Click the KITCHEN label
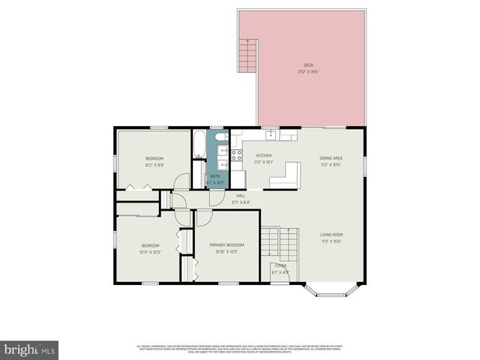pos(263,155)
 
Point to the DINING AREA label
pos(331,157)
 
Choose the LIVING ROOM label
pos(331,235)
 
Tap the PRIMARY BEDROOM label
pos(226,245)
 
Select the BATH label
pos(214,176)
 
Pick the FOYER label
pos(280,265)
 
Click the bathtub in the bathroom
pos(199,145)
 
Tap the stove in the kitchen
pos(237,155)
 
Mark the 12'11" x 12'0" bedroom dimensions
pos(151,253)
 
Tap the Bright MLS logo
pos(30,349)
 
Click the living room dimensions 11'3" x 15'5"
pos(331,241)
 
